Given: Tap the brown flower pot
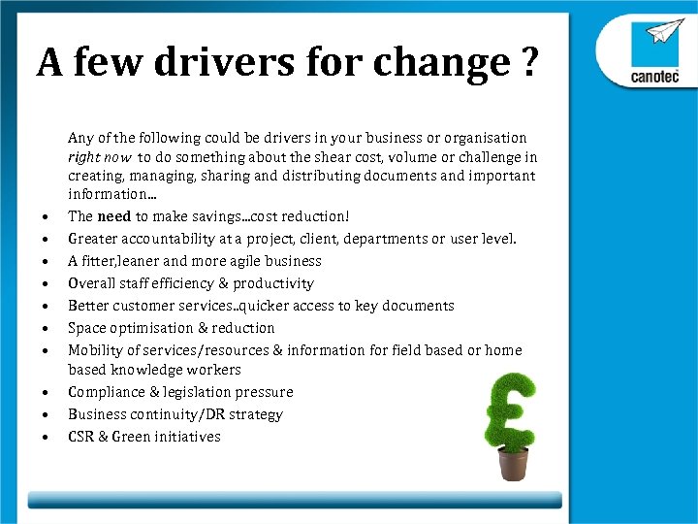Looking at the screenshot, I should (x=513, y=463).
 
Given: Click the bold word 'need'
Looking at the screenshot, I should (x=114, y=216).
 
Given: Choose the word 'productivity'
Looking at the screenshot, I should (x=272, y=283).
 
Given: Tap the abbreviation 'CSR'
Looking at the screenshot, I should (x=81, y=437).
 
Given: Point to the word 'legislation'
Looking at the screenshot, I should (x=204, y=392).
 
